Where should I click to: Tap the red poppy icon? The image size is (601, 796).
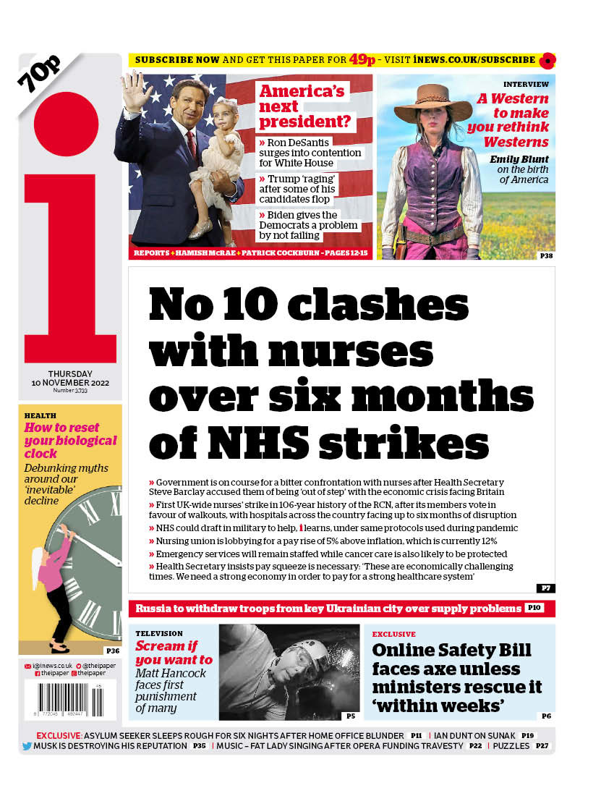[547, 60]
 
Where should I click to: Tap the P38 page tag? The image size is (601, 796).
[546, 255]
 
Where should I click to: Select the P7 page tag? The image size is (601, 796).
[546, 588]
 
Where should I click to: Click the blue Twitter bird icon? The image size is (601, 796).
[27, 745]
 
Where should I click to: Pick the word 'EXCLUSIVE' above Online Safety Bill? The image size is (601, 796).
[394, 634]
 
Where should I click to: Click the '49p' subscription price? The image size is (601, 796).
[362, 60]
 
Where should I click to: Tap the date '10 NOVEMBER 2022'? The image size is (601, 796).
[70, 382]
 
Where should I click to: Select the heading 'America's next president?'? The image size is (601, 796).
[303, 107]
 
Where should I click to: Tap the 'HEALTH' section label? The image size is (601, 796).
[41, 415]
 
